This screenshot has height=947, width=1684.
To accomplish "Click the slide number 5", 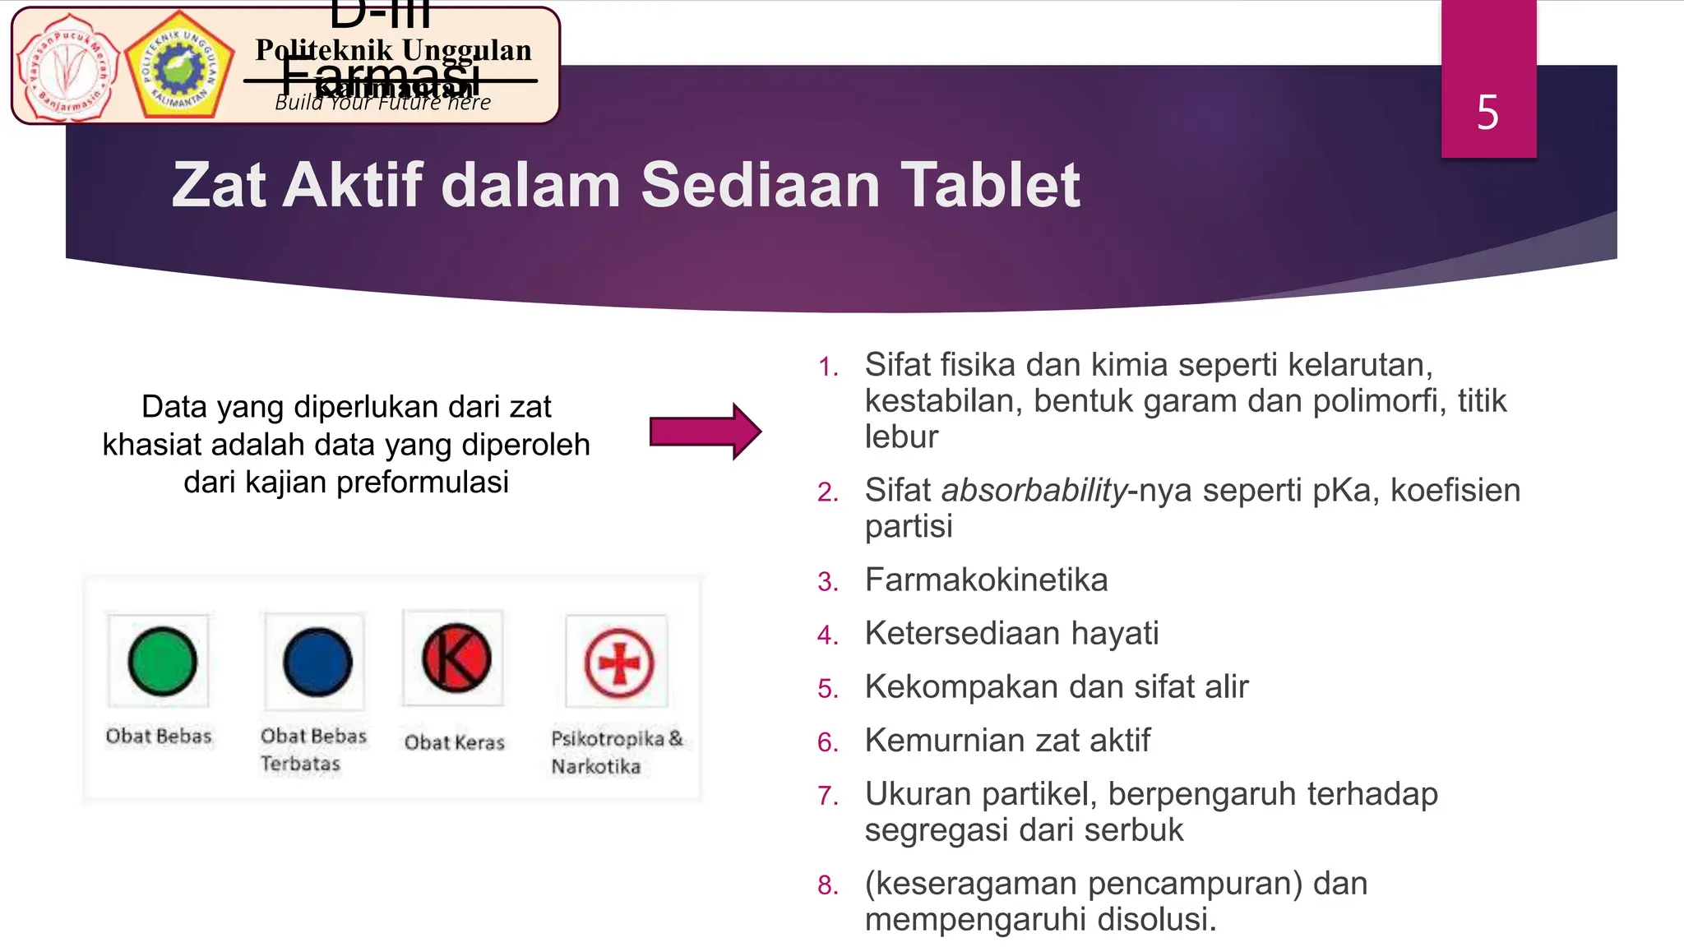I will coord(1487,113).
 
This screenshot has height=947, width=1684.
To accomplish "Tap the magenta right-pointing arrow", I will coord(706,432).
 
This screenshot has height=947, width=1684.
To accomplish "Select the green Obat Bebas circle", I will coord(162,662).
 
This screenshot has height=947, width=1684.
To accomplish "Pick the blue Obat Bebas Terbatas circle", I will coord(317,663).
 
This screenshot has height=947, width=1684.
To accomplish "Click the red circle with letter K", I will coord(456,658).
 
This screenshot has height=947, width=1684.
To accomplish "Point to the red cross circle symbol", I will coord(619,663).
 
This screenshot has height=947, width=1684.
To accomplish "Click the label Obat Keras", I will coord(454,742).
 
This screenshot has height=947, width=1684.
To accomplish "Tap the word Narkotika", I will coord(596,767).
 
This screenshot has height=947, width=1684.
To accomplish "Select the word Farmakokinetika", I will coord(986,580).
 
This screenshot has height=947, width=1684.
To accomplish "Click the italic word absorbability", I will coord(1034,491).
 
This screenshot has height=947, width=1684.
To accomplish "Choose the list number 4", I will coord(827,635).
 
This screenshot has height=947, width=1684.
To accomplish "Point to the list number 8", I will coord(827,885).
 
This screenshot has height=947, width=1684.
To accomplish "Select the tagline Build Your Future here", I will coord(382,103).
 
